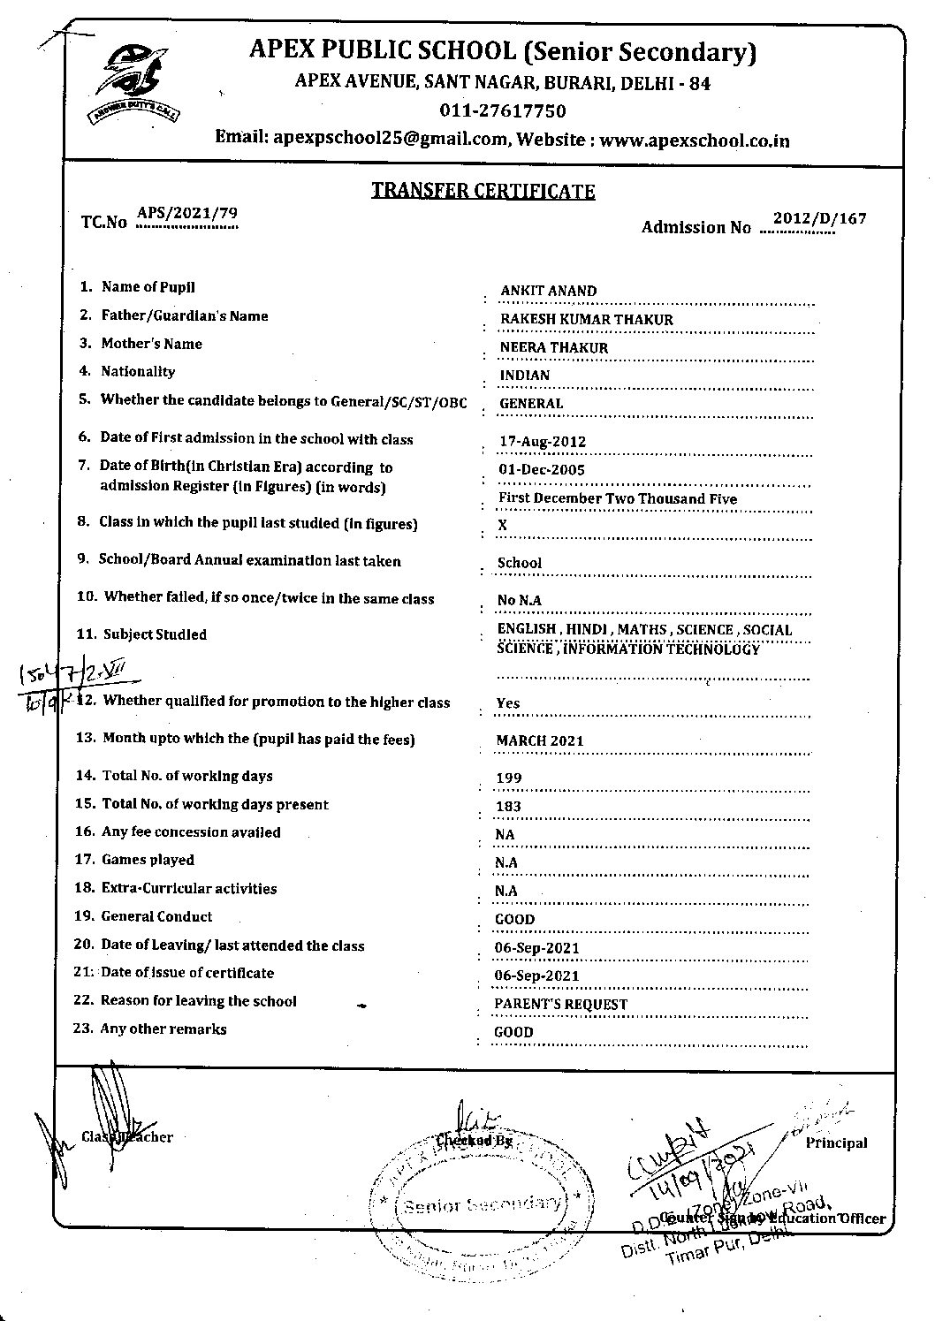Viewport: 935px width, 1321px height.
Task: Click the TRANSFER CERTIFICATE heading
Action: click(483, 191)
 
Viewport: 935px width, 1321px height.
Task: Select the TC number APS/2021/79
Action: click(187, 214)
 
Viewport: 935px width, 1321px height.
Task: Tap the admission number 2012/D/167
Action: click(819, 218)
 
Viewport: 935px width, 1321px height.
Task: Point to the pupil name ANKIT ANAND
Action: click(548, 291)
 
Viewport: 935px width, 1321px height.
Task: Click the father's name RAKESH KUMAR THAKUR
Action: click(586, 319)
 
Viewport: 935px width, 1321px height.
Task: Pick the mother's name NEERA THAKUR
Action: click(554, 347)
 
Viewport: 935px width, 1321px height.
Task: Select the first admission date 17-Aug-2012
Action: click(542, 441)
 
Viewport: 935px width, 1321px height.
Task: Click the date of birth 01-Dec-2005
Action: click(541, 469)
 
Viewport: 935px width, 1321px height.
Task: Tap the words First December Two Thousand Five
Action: click(617, 498)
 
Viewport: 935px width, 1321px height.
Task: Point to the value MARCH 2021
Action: click(539, 740)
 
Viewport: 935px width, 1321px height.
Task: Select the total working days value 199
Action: click(509, 778)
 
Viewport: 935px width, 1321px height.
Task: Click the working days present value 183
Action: click(509, 806)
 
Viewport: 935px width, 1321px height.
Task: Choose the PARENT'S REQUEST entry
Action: click(560, 1004)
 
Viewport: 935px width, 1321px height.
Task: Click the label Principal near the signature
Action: click(836, 1143)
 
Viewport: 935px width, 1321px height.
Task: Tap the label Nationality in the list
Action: click(138, 372)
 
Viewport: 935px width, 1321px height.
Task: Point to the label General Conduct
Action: click(156, 916)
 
